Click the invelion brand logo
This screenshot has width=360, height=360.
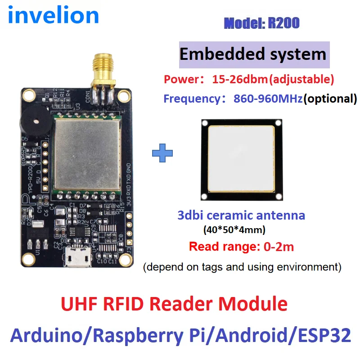54,15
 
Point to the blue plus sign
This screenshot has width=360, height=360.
162,153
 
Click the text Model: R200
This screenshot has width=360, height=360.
261,23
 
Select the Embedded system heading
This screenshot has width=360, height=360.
253,54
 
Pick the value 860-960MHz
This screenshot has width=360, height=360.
268,98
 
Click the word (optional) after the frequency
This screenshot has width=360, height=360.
330,98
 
